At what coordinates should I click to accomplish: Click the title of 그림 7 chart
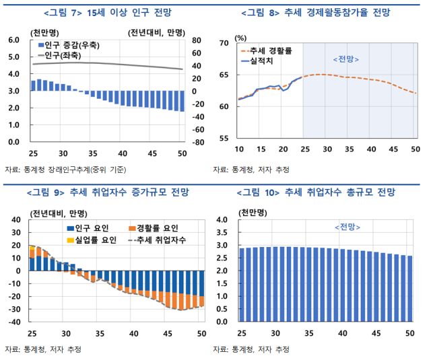(108, 12)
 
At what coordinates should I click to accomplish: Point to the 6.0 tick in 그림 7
(14, 40)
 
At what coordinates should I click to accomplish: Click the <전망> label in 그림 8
(346, 60)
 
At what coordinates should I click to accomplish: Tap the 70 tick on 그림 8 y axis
(225, 44)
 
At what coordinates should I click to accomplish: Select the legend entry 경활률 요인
(156, 229)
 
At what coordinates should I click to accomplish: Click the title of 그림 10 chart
(321, 193)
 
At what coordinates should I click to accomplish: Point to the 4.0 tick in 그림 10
(224, 220)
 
